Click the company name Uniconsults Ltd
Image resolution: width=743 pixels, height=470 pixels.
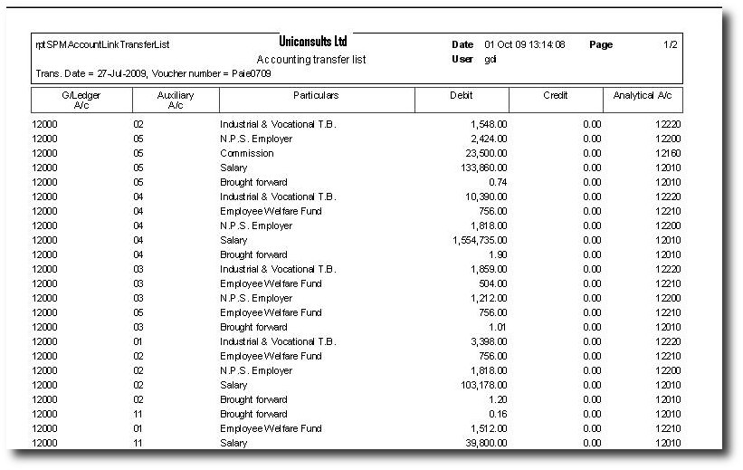point(314,42)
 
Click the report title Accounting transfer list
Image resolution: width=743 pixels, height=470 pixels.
point(312,59)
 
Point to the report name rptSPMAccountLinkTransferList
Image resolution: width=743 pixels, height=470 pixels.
point(102,44)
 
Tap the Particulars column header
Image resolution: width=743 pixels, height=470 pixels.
point(316,94)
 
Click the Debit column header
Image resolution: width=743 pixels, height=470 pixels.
point(461,94)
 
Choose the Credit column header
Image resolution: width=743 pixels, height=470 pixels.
point(555,94)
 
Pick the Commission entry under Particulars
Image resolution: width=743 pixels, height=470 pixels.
point(247,153)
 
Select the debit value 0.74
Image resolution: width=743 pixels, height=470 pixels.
point(497,182)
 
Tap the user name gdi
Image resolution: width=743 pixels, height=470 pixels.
point(491,59)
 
